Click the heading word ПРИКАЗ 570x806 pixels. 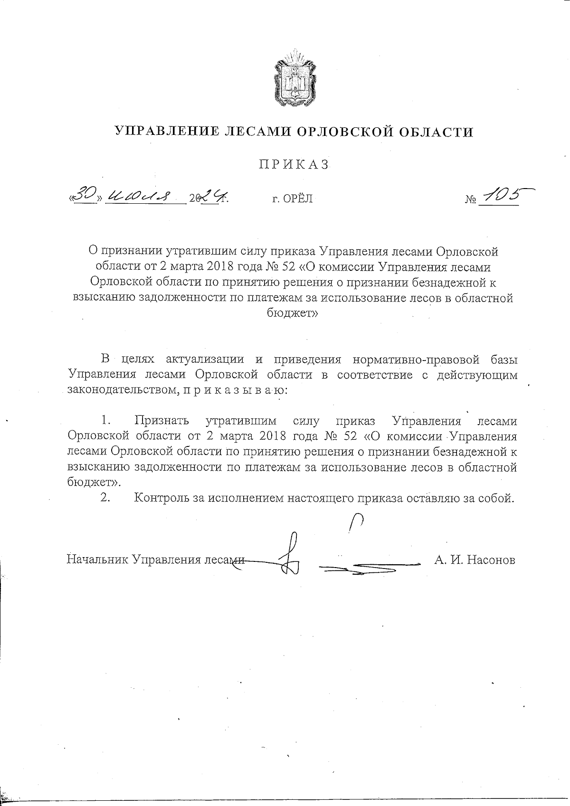[x=294, y=164]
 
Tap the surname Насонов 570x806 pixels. [x=491, y=559]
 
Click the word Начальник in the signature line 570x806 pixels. [x=97, y=559]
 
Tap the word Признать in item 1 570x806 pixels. [x=162, y=421]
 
